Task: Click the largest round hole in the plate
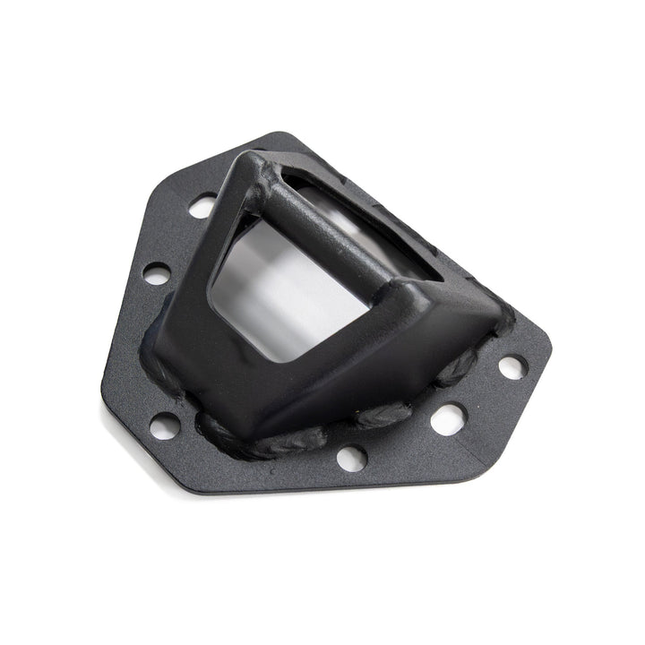coord(448,418)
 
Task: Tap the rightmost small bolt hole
coord(512,366)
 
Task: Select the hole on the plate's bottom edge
coord(352,457)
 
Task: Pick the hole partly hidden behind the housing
coord(202,206)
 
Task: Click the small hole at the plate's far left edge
coord(157,273)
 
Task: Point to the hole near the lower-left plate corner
coord(165,426)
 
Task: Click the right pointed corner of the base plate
coord(548,345)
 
